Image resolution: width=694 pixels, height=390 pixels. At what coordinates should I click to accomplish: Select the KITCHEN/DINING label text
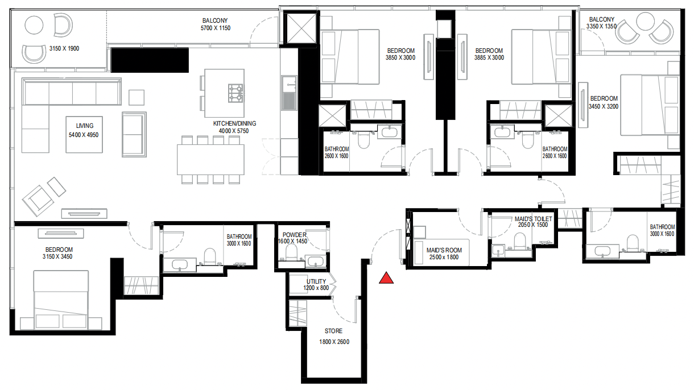click(234, 123)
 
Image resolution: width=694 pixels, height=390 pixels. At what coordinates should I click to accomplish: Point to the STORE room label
click(333, 331)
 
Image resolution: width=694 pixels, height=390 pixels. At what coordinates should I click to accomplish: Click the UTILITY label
click(316, 281)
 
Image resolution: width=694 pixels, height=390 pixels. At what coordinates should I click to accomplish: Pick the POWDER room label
click(294, 235)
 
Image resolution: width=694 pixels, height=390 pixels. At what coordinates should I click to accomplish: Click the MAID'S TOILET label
click(533, 218)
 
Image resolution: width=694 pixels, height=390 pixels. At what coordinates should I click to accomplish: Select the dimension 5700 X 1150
click(215, 28)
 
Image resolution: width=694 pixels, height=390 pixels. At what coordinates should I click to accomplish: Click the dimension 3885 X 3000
click(489, 57)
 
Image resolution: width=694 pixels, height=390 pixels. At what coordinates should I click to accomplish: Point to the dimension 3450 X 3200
click(604, 106)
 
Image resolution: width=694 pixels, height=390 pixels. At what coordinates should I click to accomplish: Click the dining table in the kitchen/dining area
click(210, 159)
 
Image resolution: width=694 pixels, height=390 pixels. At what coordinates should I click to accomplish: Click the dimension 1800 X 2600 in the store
click(334, 342)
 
